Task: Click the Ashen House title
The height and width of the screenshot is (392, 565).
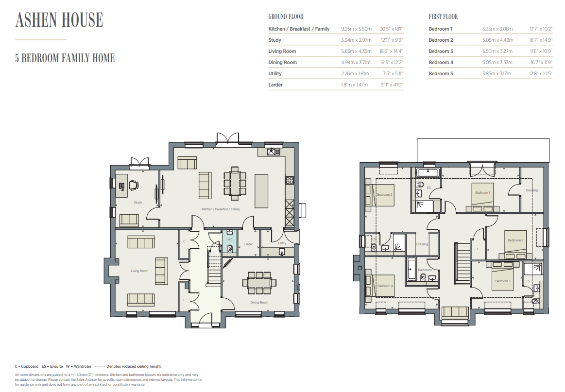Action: [59, 20]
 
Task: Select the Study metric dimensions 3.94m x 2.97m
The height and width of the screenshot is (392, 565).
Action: [356, 40]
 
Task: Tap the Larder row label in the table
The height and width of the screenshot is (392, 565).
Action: [275, 85]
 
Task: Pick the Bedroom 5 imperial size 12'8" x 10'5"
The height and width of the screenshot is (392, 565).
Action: [541, 73]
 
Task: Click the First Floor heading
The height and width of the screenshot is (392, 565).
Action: [443, 17]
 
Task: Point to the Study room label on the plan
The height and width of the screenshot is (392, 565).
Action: [137, 203]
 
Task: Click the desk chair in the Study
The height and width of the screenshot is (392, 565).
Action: [133, 185]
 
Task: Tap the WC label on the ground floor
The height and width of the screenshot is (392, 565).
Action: [230, 239]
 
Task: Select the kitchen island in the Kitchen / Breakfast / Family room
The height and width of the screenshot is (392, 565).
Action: [261, 191]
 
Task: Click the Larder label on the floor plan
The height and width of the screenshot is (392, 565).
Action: [248, 244]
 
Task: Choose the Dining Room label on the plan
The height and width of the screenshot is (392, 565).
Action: [259, 303]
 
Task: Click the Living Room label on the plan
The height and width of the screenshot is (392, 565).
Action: [139, 271]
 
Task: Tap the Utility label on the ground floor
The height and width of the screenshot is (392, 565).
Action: [282, 243]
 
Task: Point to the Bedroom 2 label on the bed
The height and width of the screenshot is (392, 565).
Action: [384, 195]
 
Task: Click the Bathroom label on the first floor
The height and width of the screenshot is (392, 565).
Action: [425, 270]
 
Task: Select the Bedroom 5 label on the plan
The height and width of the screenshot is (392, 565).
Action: [515, 240]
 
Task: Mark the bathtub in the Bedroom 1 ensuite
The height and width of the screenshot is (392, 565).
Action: [428, 172]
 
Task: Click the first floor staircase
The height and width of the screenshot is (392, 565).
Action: [462, 263]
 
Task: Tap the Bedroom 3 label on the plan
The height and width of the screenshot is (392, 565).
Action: [503, 281]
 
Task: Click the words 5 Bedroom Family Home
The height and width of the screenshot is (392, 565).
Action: [65, 58]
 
